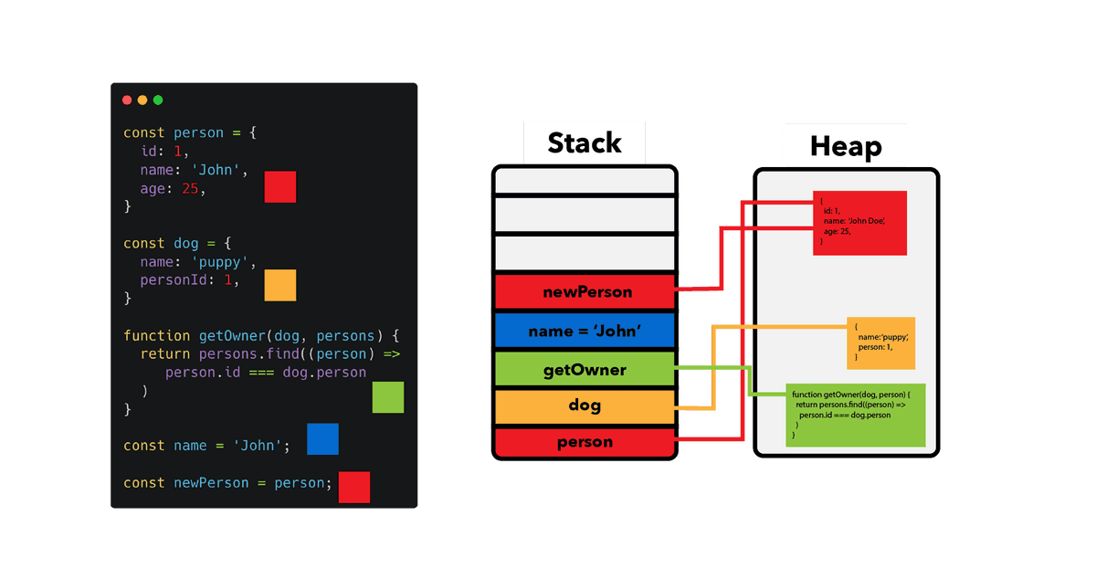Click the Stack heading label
click(x=585, y=143)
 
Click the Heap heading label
click(x=846, y=146)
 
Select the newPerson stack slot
click(x=585, y=292)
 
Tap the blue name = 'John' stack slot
click(x=585, y=332)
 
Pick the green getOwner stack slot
click(x=585, y=369)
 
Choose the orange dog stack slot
click(x=585, y=406)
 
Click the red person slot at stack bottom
click(x=585, y=442)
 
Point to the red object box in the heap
click(x=860, y=223)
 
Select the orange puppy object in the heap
click(x=880, y=343)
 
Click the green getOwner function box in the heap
click(x=856, y=416)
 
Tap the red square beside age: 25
click(x=280, y=187)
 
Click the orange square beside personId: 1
click(x=280, y=285)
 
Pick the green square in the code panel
click(x=388, y=397)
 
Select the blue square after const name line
click(x=322, y=439)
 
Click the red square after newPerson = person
click(x=354, y=487)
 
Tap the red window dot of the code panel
click(x=127, y=100)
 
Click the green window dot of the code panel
click(x=158, y=100)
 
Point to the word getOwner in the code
click(x=233, y=335)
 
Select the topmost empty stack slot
click(x=585, y=181)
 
